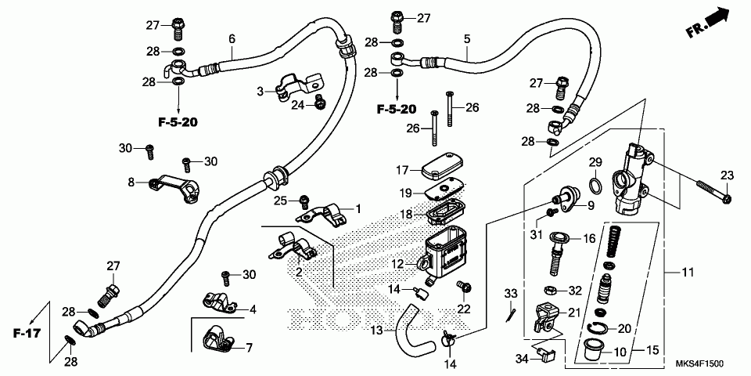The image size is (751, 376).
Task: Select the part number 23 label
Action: point(727,176)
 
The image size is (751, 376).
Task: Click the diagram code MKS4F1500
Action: point(700,363)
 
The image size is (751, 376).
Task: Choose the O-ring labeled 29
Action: point(595,185)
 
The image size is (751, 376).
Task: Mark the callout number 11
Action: point(688,273)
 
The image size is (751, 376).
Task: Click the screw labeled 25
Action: point(304,202)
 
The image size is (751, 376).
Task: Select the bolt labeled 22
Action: point(465,287)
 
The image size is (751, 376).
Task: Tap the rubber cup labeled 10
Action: point(591,351)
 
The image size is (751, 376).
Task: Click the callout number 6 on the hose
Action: point(232,38)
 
